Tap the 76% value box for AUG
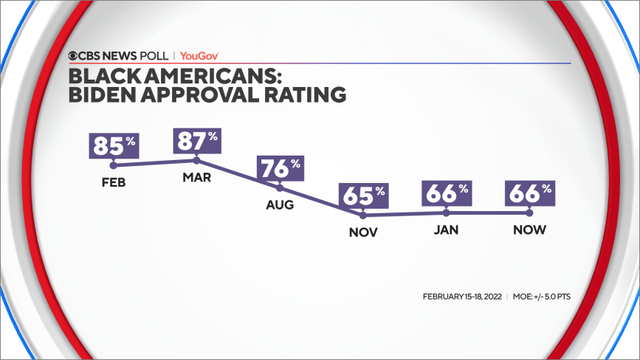[280, 168]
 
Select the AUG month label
[280, 208]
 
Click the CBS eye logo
[75, 57]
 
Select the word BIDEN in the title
[99, 95]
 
